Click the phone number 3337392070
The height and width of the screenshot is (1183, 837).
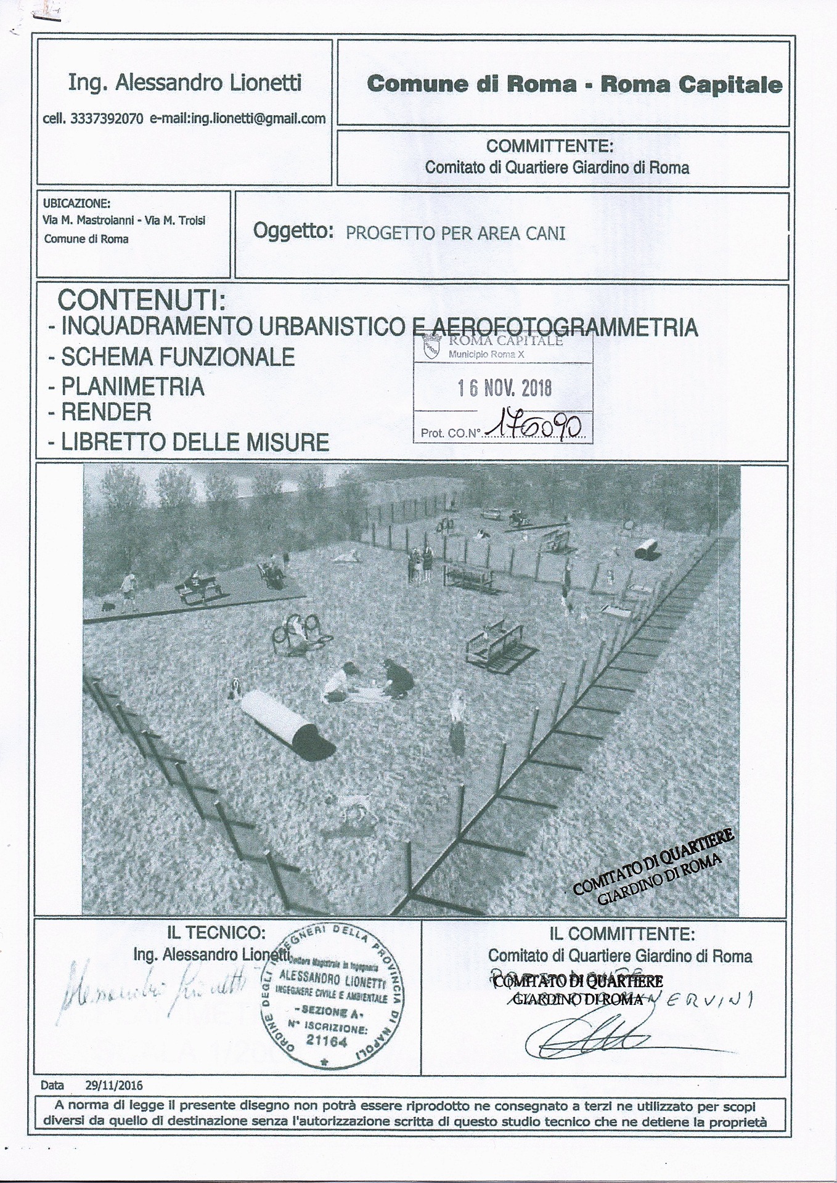click(x=108, y=120)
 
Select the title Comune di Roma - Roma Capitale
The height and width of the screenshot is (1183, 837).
click(x=574, y=84)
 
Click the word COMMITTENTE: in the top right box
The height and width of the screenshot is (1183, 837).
click(x=550, y=147)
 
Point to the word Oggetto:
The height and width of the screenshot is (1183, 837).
click(x=293, y=232)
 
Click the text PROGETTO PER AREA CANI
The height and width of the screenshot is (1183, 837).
click(x=455, y=234)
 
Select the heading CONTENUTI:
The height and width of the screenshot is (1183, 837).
click(x=141, y=301)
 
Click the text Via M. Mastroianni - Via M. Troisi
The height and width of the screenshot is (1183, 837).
click(x=124, y=220)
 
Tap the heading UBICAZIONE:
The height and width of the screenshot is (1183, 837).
click(x=76, y=203)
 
